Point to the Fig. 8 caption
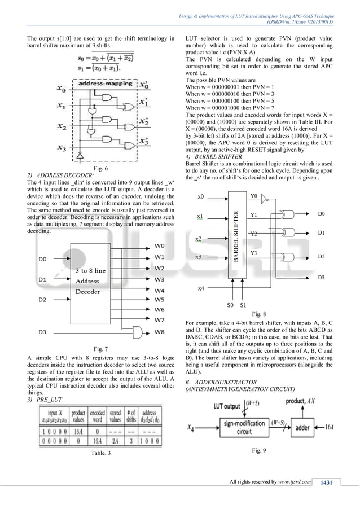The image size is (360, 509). [x=259, y=313]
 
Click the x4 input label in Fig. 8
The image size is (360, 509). [x=201, y=288]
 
